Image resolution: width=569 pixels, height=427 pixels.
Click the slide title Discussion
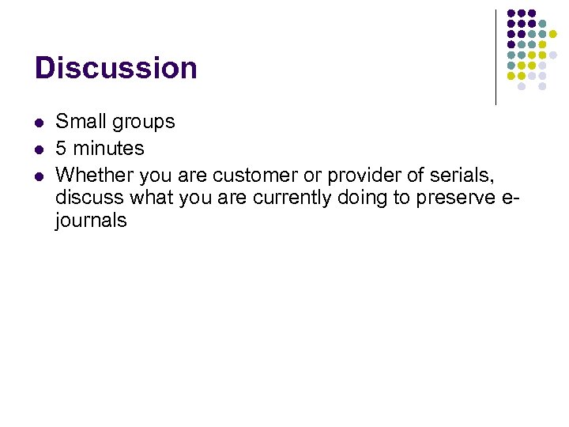point(115,68)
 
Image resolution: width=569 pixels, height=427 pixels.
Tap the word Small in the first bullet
point(81,122)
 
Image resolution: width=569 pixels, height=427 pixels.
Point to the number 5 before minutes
point(61,148)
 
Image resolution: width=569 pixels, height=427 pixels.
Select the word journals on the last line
point(90,221)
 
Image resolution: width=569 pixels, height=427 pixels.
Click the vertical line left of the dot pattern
point(496,57)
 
